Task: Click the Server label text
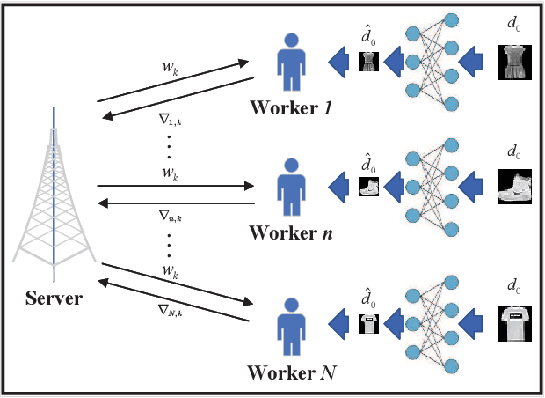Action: [x=54, y=298]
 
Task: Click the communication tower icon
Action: [x=54, y=189]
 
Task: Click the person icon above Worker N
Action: [x=289, y=329]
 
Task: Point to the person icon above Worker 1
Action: [x=290, y=63]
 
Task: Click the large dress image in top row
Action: [x=515, y=63]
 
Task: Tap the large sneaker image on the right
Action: [x=515, y=187]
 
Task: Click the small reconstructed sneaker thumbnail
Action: [x=369, y=188]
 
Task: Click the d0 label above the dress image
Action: [x=514, y=26]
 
